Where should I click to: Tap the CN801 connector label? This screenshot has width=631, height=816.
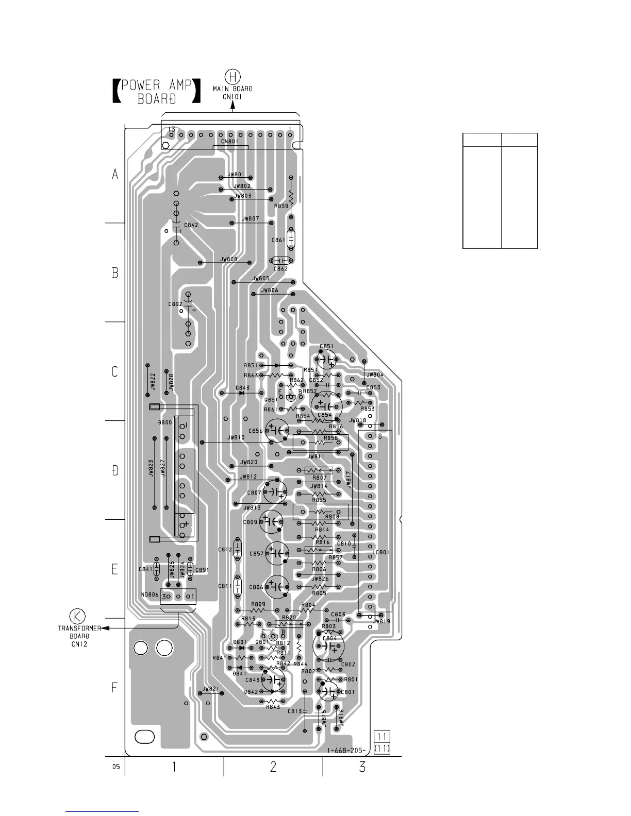pyautogui.click(x=230, y=141)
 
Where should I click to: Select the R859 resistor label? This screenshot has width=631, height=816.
pyautogui.click(x=281, y=206)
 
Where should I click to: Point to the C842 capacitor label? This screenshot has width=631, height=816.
pyautogui.click(x=190, y=225)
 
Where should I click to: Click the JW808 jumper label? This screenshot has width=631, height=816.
pyautogui.click(x=228, y=259)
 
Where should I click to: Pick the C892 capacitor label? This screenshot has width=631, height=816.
pyautogui.click(x=175, y=304)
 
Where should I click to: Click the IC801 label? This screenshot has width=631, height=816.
pyautogui.click(x=381, y=552)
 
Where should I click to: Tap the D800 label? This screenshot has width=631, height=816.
pyautogui.click(x=165, y=422)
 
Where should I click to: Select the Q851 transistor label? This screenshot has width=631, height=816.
pyautogui.click(x=271, y=399)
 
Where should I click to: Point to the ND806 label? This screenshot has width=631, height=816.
pyautogui.click(x=150, y=594)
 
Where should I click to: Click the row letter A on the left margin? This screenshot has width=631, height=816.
pyautogui.click(x=115, y=175)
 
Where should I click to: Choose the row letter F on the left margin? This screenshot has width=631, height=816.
pyautogui.click(x=115, y=687)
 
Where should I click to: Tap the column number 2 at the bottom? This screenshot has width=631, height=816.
pyautogui.click(x=273, y=767)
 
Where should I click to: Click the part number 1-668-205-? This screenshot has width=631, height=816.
pyautogui.click(x=346, y=750)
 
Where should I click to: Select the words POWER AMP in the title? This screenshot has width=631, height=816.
pyautogui.click(x=156, y=85)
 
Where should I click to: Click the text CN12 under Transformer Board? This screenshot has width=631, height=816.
pyautogui.click(x=79, y=644)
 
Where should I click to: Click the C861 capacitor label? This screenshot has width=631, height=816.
pyautogui.click(x=278, y=240)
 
